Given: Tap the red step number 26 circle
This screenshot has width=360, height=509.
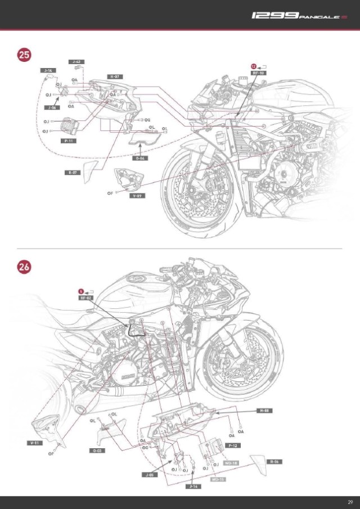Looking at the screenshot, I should [x=24, y=268].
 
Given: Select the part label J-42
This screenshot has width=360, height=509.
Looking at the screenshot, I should [x=76, y=61].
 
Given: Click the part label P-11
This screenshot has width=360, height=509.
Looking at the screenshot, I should [x=69, y=141].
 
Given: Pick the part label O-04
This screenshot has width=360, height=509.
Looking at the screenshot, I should [x=142, y=158].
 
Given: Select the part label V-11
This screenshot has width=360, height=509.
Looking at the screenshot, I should [x=35, y=443].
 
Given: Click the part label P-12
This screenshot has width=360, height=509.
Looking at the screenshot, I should [x=233, y=445].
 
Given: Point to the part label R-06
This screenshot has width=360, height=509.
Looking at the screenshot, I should [x=275, y=461].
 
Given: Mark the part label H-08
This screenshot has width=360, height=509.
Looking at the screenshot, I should [x=265, y=411].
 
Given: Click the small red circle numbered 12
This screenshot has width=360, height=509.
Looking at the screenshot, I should [x=254, y=66].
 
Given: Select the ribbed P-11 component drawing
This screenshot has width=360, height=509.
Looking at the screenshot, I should [x=69, y=125].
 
